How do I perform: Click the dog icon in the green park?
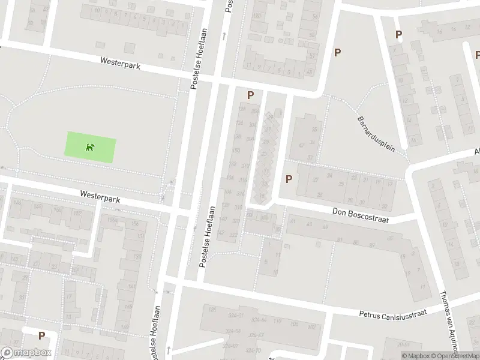(x=89, y=147)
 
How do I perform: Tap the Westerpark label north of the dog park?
(x=121, y=64)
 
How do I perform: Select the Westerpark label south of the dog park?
(x=100, y=196)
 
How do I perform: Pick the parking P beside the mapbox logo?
(x=41, y=336)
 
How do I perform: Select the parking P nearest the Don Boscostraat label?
(x=289, y=179)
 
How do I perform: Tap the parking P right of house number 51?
(x=337, y=53)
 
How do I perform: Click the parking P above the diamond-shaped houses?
(x=250, y=94)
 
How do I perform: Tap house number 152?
(x=77, y=214)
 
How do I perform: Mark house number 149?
(x=124, y=326)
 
